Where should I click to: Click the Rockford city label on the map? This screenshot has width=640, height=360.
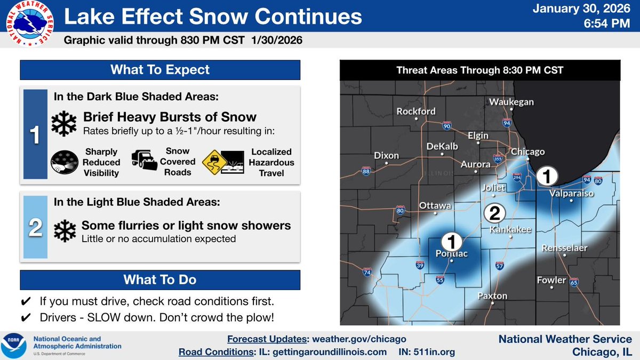point(416,111)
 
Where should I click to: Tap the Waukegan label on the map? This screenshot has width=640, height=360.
point(511,102)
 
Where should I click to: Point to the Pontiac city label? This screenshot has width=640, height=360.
point(451,254)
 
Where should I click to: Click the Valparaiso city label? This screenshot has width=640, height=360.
point(571,194)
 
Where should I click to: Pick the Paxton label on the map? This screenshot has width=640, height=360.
point(492,296)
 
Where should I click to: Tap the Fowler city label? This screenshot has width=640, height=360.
point(551,280)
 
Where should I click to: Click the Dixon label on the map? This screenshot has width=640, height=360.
point(386,156)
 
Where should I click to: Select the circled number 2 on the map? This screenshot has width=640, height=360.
point(494,214)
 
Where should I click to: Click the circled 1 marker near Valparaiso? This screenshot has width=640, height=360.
point(548,175)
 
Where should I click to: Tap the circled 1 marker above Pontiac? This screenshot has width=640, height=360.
point(451,241)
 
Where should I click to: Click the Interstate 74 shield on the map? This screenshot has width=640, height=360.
point(367,273)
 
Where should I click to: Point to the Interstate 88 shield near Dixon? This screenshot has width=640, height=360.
point(366,171)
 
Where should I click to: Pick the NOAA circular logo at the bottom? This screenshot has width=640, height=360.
point(15,346)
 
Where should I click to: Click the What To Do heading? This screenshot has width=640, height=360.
point(160,279)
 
